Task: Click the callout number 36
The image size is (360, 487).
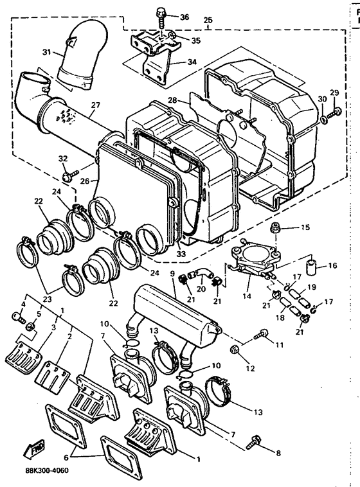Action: [185, 17]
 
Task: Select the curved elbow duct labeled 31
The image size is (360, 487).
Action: [78, 61]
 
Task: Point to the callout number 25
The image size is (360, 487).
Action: [207, 21]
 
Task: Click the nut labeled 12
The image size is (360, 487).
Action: [235, 350]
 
